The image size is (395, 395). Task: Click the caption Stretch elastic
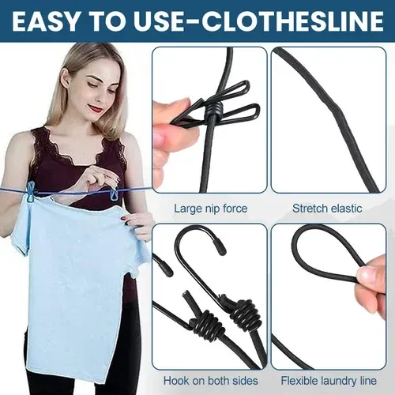pyautogui.click(x=327, y=209)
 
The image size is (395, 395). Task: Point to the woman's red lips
pyautogui.click(x=96, y=108)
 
